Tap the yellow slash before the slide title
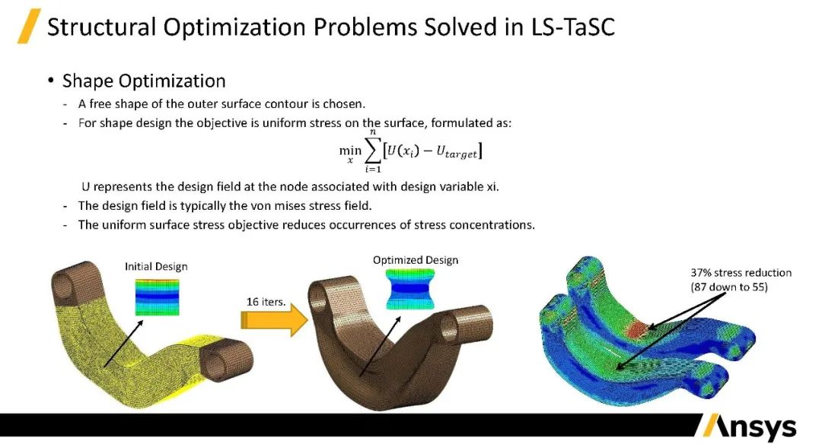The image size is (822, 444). point(29,27)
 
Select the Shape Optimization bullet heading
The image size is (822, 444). point(143,81)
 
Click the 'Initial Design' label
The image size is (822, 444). point(156,266)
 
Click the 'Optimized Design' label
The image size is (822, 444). point(416,260)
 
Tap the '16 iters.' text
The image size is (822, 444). point(266,301)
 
